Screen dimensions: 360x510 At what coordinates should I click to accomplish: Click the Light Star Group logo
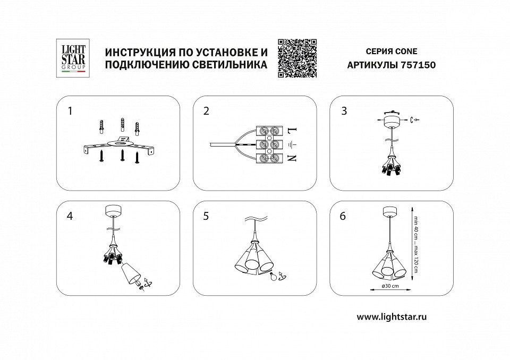71,59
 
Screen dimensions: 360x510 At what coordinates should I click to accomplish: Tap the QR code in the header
297,58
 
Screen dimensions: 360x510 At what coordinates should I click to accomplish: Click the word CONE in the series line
406,52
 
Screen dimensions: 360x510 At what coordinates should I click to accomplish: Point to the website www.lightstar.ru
392,316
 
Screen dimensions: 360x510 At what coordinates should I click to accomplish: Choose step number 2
207,111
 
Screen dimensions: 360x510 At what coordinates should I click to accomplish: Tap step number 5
207,216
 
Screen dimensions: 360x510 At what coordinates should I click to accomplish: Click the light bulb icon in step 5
275,276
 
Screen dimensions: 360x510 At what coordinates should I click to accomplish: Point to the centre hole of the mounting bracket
122,142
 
